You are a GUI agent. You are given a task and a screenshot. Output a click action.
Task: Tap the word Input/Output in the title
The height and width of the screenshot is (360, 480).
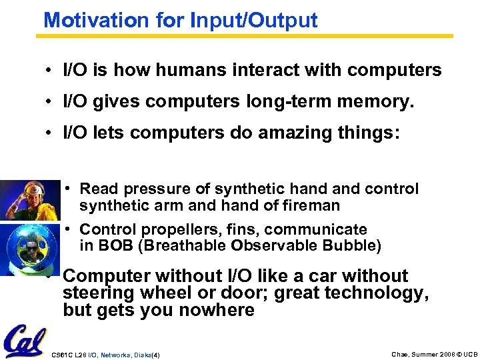254,20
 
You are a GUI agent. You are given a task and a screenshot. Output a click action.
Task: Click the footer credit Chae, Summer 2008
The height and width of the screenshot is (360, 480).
409,353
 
